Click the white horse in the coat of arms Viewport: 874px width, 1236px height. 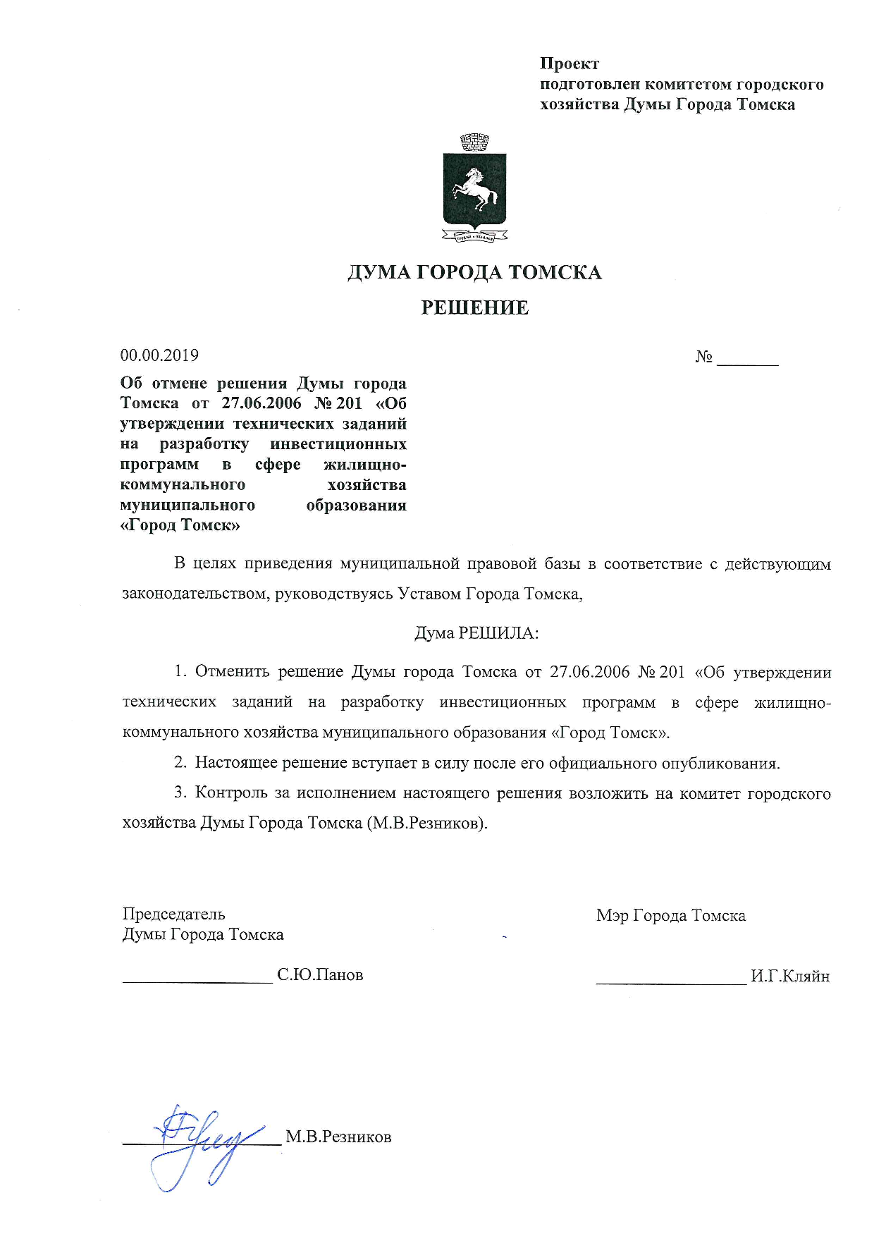click(474, 188)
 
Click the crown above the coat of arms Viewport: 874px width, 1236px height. click(474, 142)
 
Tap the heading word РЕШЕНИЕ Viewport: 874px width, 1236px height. click(474, 307)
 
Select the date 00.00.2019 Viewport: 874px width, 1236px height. click(159, 355)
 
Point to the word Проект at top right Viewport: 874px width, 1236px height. click(570, 64)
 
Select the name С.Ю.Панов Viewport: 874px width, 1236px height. click(320, 975)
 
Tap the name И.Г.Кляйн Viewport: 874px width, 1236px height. click(790, 977)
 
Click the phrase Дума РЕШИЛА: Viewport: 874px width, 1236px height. click(476, 632)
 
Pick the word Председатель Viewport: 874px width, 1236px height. click(173, 914)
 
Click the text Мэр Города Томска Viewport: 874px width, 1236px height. click(670, 916)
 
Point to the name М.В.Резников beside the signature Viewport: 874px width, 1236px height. click(338, 1137)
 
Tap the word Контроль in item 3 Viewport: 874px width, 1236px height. click(230, 793)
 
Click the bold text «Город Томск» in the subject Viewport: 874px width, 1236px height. click(180, 525)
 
